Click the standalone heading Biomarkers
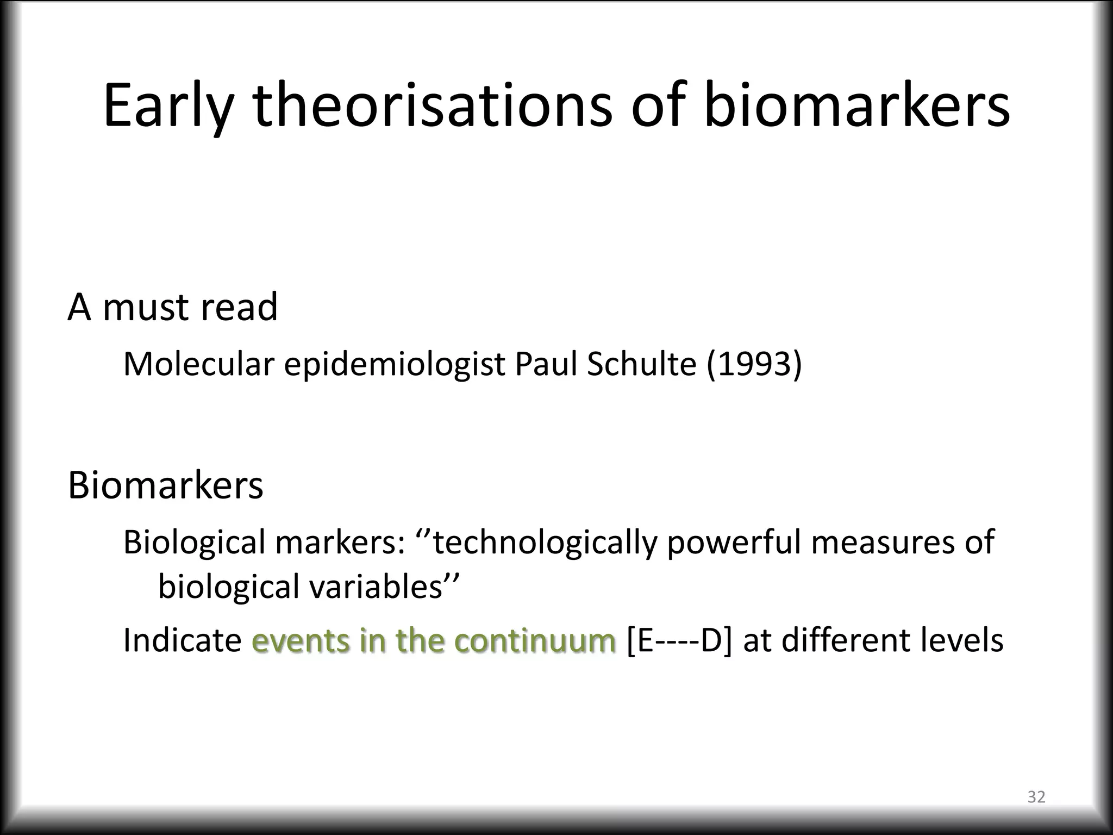point(165,485)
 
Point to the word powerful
point(734,543)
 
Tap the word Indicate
point(182,640)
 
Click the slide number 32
point(1036,797)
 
